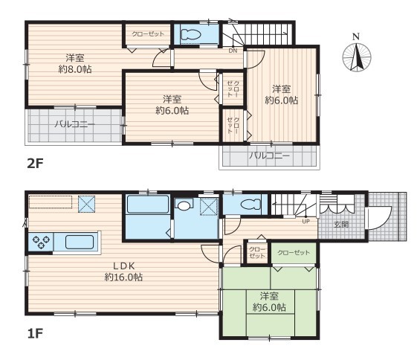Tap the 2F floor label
coord(35,164)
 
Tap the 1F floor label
coord(35,333)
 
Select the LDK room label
coord(124,266)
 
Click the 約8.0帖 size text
coord(75,69)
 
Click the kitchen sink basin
coord(80,242)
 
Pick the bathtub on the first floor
coord(148,205)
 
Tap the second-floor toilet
coord(190,34)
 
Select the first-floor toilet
coord(250,205)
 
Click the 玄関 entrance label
coord(341,225)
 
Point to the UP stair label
coord(306,221)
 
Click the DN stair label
coord(233,51)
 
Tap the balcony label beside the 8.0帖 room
coord(75,124)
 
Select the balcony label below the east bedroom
coord(269,155)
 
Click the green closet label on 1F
coord(294,252)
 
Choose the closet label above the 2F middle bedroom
coord(148,34)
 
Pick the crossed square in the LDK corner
coord(86,204)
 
